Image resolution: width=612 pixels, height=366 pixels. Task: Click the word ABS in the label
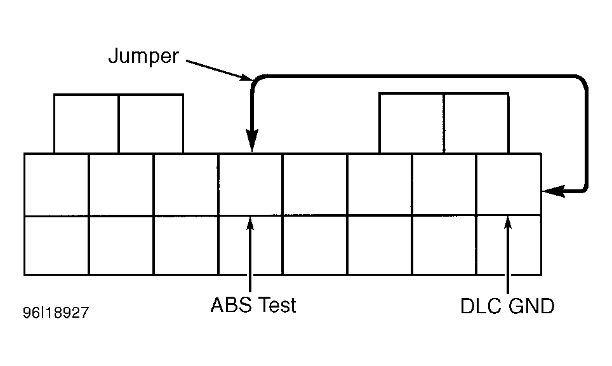231,304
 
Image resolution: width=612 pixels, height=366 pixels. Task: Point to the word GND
531,306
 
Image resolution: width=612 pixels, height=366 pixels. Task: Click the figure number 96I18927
56,313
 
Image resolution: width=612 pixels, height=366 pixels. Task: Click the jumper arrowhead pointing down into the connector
252,140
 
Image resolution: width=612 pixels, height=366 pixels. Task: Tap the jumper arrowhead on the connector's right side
554,191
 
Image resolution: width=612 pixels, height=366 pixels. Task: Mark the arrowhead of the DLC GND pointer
508,222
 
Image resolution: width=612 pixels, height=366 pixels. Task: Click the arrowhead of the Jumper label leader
247,77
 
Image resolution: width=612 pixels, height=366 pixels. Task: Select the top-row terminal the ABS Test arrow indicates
250,184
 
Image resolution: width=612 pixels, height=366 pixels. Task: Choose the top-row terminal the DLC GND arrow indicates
509,184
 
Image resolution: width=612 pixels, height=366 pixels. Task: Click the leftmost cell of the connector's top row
57,184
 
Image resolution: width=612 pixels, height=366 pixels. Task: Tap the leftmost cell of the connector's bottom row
57,245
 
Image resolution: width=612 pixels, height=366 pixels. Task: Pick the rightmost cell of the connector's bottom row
509,245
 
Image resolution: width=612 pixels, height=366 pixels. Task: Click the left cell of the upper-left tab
86,124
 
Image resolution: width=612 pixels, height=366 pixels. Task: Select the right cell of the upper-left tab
151,124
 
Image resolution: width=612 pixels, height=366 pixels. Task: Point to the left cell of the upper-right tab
412,123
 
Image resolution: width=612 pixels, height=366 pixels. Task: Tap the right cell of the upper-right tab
477,123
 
